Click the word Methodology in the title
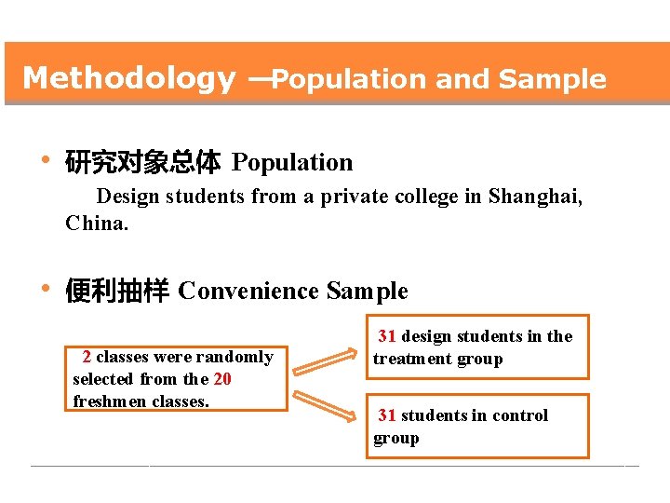click(x=128, y=78)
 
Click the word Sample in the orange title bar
click(x=552, y=80)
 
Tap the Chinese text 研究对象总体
click(x=142, y=164)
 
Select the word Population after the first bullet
click(x=292, y=163)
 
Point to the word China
click(x=96, y=224)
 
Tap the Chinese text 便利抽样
click(x=116, y=292)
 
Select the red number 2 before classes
click(x=87, y=357)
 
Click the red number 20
click(x=222, y=379)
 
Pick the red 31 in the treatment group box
click(x=387, y=336)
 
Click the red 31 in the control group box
click(x=387, y=415)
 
